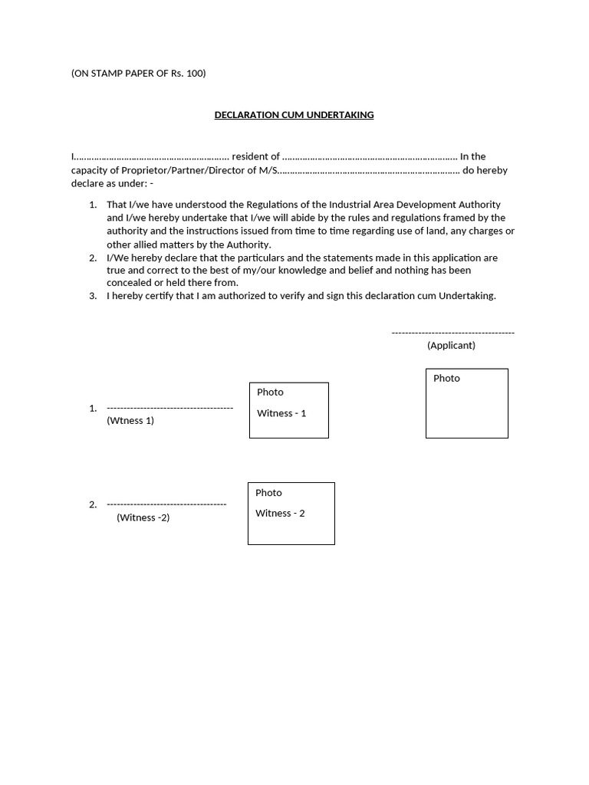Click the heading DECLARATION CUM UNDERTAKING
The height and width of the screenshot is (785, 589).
pos(294,115)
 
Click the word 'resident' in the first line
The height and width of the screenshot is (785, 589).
pos(250,156)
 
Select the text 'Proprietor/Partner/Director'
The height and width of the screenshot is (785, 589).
pos(183,170)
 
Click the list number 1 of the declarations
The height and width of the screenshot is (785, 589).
pos(93,205)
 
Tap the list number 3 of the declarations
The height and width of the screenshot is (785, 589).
pos(93,296)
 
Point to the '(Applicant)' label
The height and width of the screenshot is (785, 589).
pos(451,346)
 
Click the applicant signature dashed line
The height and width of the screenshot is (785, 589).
pos(452,333)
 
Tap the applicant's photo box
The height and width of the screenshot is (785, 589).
pos(466,403)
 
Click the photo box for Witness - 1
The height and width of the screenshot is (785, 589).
pos(288,410)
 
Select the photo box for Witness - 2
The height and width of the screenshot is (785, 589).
pos(291,514)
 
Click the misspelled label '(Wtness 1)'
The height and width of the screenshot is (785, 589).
pos(130,421)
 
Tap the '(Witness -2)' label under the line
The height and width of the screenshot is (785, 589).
pos(143,517)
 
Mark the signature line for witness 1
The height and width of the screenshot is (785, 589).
pos(169,408)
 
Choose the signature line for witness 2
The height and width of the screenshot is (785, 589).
pos(166,504)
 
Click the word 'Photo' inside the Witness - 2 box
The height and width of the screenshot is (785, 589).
pos(268,493)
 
